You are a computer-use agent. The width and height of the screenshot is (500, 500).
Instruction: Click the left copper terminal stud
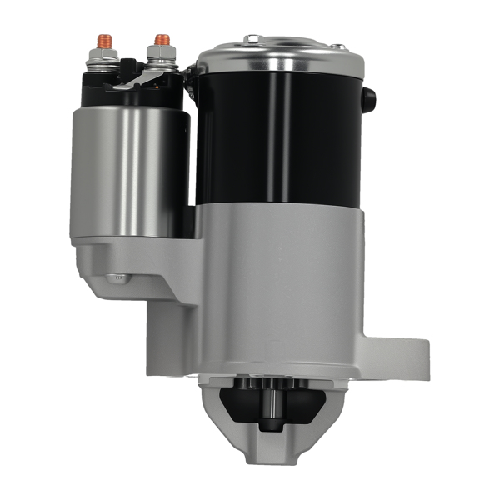click(105, 40)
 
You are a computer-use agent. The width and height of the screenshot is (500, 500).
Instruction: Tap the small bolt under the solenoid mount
click(119, 277)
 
